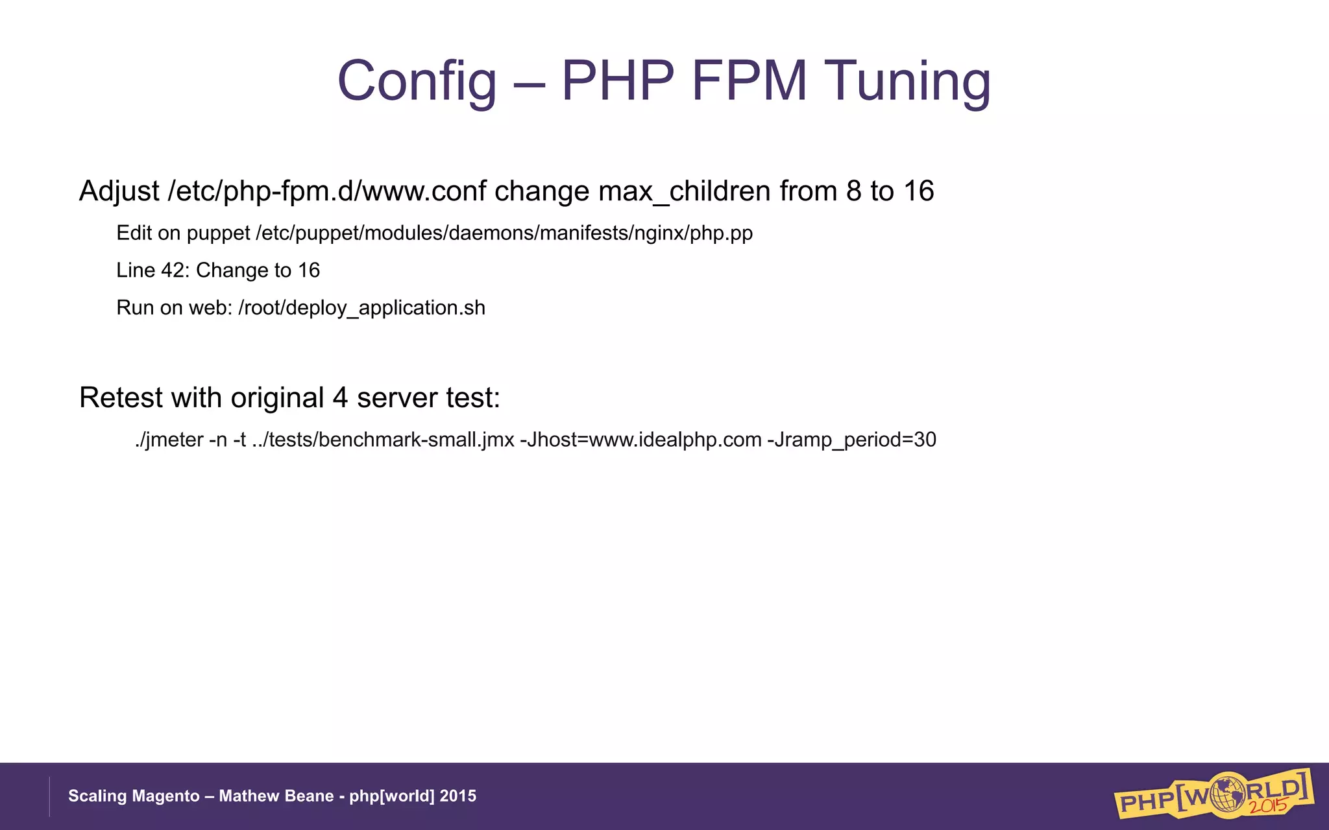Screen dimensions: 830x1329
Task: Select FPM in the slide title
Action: [x=749, y=81]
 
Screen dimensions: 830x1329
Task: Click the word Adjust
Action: [x=119, y=191]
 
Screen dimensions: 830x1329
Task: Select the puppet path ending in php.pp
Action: [x=504, y=233]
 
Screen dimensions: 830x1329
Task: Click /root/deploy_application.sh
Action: [x=361, y=307]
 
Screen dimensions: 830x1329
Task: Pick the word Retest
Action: [x=121, y=397]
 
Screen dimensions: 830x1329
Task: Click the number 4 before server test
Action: [x=340, y=397]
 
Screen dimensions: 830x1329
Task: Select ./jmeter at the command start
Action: [x=169, y=440]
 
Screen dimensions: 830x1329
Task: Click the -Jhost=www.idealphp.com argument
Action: [x=640, y=440]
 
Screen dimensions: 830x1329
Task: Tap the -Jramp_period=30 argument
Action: [x=851, y=440]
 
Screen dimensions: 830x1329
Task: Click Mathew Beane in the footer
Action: [x=276, y=796]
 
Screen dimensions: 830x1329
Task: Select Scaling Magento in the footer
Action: [x=134, y=796]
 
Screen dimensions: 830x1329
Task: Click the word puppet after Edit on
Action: [x=218, y=233]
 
